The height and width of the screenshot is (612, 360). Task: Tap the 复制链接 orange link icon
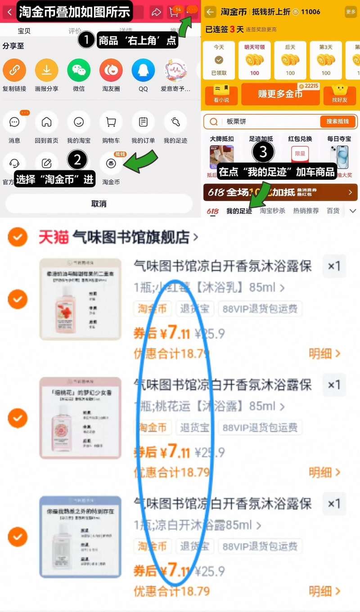(14, 70)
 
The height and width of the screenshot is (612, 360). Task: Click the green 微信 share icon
(79, 70)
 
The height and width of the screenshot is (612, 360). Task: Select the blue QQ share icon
(143, 70)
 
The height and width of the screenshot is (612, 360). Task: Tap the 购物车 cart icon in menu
(111, 122)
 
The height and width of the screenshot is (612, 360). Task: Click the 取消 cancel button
(99, 204)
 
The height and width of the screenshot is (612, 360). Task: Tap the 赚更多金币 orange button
(280, 94)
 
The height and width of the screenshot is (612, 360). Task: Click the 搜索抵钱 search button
(337, 121)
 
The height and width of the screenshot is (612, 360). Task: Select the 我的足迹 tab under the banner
(239, 210)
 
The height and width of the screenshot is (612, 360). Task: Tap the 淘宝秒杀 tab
(272, 210)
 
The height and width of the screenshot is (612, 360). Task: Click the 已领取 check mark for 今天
(219, 60)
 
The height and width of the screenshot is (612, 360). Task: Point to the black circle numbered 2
(77, 160)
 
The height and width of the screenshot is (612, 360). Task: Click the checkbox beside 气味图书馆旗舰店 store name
(18, 237)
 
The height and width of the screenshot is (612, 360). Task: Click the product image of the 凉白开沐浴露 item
(80, 536)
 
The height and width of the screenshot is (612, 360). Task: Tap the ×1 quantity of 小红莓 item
(334, 266)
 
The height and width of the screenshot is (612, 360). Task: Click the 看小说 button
(221, 94)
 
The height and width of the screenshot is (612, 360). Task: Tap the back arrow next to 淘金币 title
(210, 12)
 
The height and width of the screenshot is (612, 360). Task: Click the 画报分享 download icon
(47, 70)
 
